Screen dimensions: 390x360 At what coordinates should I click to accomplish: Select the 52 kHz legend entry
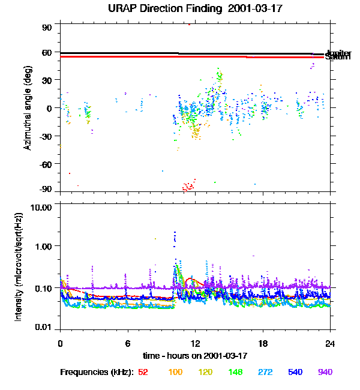(x=143, y=372)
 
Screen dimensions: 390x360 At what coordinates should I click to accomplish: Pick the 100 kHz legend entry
(x=175, y=372)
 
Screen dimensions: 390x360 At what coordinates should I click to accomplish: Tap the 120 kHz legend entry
(x=205, y=372)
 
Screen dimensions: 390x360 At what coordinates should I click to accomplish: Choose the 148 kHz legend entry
(x=235, y=372)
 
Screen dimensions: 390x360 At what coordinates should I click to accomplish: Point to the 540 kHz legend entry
(x=295, y=372)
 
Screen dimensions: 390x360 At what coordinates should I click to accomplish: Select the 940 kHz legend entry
(x=325, y=372)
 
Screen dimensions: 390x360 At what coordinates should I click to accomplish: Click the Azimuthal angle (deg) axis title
(x=28, y=108)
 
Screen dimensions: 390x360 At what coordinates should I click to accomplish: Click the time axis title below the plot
(x=195, y=355)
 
